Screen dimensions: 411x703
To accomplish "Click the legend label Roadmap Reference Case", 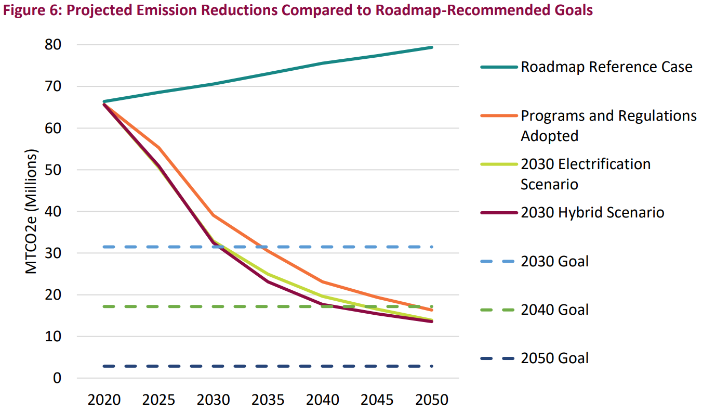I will click(606, 67).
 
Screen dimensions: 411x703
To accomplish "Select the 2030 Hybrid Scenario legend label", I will click(592, 212).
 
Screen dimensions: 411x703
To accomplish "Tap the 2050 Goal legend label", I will click(555, 358).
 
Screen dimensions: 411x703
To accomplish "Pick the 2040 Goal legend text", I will click(555, 310).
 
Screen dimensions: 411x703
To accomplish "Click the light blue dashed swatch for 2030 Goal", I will click(499, 261).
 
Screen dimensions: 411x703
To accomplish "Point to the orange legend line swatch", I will click(499, 115).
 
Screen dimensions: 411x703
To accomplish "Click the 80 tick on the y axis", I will click(53, 45).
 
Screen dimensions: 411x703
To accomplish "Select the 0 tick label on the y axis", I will click(58, 378).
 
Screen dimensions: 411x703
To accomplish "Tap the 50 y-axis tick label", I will click(53, 170).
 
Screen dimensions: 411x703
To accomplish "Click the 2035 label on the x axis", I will click(268, 400).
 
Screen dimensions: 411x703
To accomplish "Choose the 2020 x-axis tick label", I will click(104, 400).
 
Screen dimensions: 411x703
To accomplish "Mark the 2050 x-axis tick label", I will click(432, 400).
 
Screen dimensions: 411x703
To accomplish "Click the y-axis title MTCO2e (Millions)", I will click(32, 212).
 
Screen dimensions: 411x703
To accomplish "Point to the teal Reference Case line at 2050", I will click(432, 47).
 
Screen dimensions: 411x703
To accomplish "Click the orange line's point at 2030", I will click(214, 215).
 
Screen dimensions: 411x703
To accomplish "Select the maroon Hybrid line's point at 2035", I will click(268, 281).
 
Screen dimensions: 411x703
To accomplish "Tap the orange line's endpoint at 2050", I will click(432, 310).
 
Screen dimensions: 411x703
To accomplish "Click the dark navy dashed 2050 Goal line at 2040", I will click(323, 366).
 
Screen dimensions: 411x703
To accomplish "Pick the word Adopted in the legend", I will click(549, 136).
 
